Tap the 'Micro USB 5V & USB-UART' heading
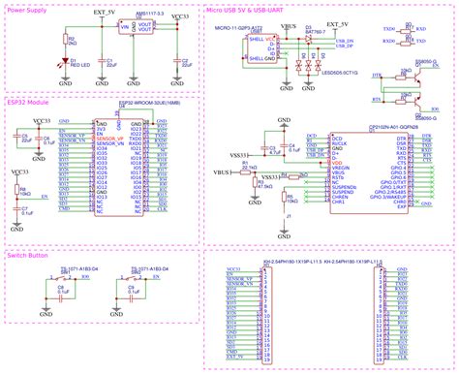pyautogui.click(x=246, y=11)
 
